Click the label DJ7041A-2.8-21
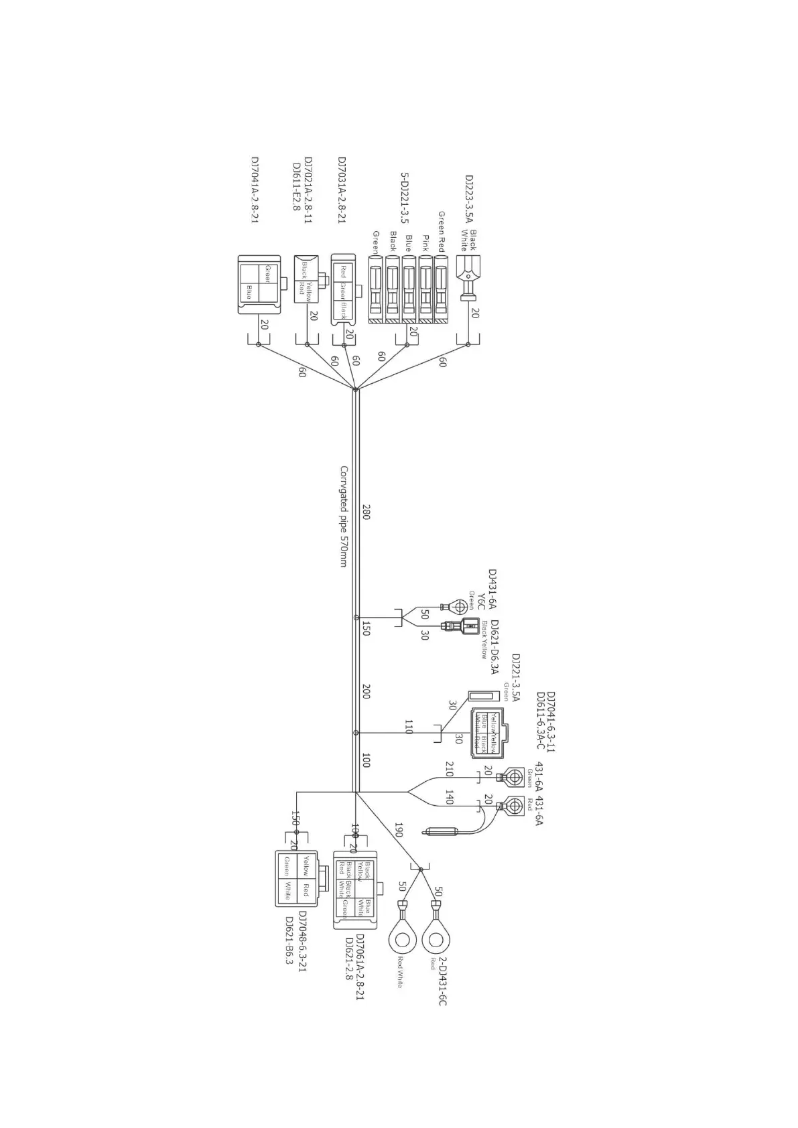point(255,192)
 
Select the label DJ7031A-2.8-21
point(342,192)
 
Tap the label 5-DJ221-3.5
point(405,198)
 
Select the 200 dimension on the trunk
point(366,692)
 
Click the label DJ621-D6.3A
point(494,647)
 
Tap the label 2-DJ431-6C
point(443,981)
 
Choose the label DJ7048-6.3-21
point(302,941)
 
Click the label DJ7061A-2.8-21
point(359,967)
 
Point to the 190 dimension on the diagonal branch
point(399,830)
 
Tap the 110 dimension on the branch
point(408,727)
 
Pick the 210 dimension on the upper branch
point(450,769)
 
